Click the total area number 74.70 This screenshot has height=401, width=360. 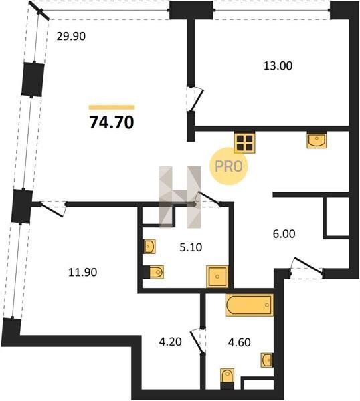point(112,122)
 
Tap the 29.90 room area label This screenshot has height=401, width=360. point(71,37)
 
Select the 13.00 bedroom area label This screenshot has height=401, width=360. point(278,65)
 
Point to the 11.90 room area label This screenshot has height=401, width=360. point(83,273)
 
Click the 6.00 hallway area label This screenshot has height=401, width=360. point(284,234)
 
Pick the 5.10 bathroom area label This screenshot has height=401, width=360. point(191,247)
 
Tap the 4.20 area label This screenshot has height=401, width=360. point(170,342)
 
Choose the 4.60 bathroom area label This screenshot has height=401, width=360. point(239,342)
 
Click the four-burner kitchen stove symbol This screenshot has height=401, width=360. point(244,143)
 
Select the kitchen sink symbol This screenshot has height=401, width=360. point(317,141)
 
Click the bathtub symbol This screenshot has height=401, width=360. point(249,305)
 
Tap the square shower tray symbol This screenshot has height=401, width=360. point(217,277)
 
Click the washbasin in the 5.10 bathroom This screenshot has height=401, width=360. point(149,247)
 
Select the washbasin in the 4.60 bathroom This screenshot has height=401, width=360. point(267,360)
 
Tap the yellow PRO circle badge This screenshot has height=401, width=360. point(228,166)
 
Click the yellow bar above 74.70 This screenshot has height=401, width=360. point(112,108)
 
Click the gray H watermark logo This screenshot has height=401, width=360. point(180,197)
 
